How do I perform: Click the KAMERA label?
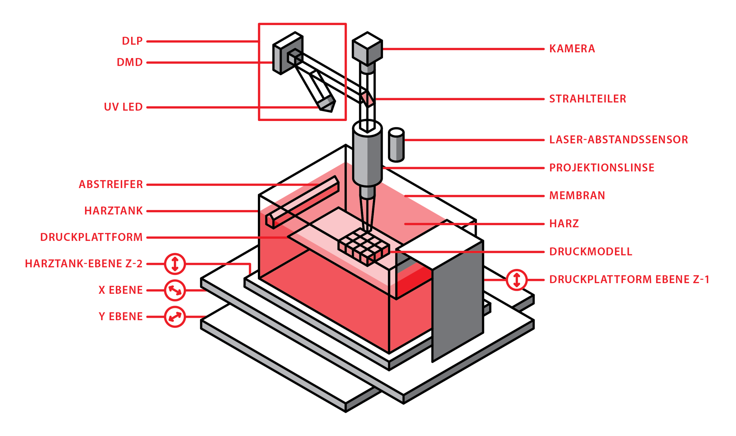click(572, 49)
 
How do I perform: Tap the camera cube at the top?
click(367, 49)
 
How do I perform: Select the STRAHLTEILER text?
click(588, 99)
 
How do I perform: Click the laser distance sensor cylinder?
click(396, 145)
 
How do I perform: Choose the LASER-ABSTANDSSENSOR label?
click(618, 140)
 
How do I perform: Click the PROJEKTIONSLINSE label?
click(602, 168)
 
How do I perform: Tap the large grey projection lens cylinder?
click(367, 159)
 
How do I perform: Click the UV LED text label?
click(123, 107)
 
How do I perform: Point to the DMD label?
click(130, 63)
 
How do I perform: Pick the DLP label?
click(132, 41)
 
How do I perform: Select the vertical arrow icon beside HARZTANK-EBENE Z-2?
click(175, 264)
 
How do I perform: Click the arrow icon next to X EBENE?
click(175, 290)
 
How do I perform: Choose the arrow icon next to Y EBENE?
click(175, 317)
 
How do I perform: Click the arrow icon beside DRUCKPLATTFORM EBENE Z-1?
click(517, 280)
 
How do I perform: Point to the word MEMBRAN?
click(577, 196)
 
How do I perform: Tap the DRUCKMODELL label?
click(591, 252)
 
